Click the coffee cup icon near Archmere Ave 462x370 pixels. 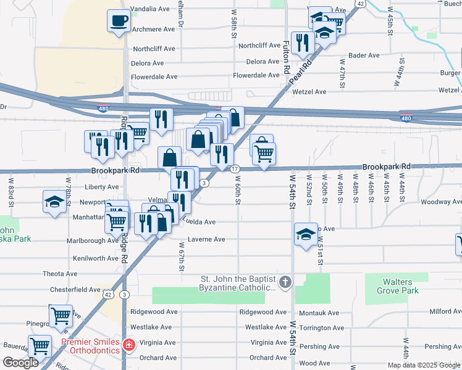pos(119,21)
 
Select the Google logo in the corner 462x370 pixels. pos(20,363)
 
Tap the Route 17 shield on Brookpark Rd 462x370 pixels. pos(235,169)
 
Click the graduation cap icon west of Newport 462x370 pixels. pos(54,202)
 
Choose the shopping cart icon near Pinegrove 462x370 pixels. pos(61,316)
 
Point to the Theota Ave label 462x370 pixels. pos(60,274)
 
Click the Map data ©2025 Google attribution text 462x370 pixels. pos(424,365)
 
